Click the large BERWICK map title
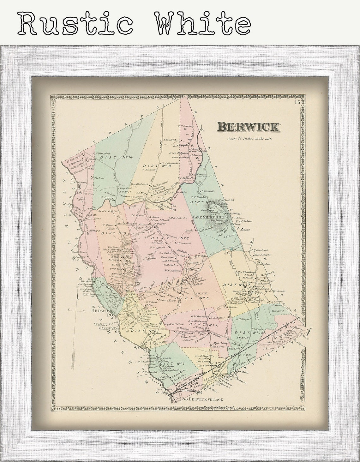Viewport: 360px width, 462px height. pyautogui.click(x=248, y=127)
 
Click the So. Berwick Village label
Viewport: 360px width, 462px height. pyautogui.click(x=203, y=399)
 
